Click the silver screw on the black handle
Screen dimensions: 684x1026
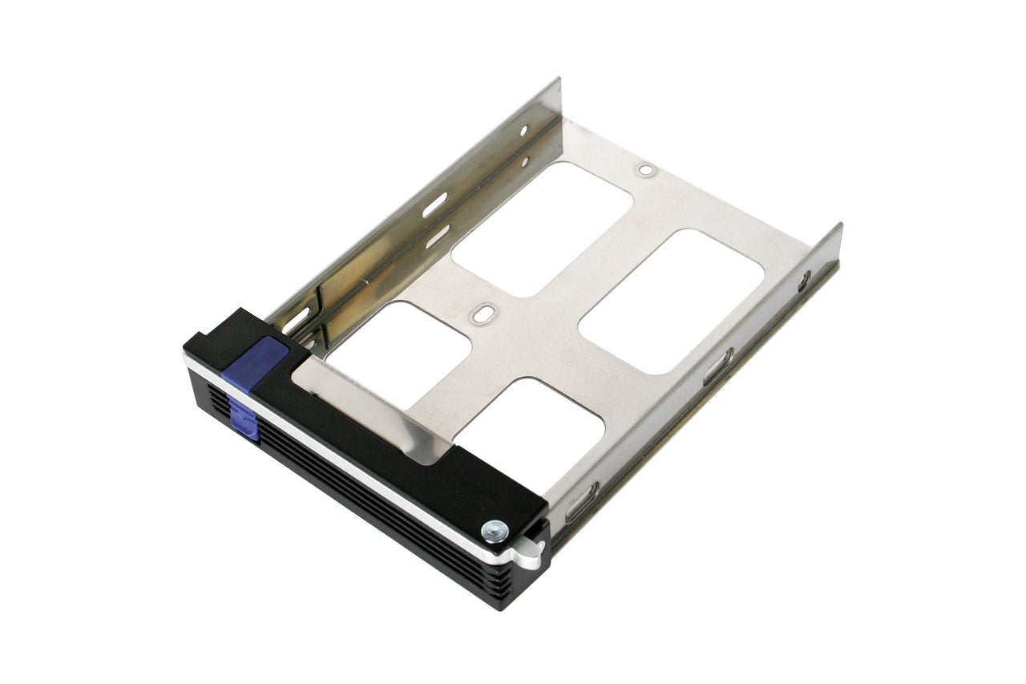[495, 530]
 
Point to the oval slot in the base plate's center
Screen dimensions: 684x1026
[481, 315]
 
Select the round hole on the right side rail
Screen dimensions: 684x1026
[803, 281]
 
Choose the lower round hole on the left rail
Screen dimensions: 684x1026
[524, 161]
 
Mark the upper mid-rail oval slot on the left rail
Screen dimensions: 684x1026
[435, 204]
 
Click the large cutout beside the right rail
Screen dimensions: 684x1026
[672, 301]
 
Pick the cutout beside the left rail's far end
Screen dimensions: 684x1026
[543, 229]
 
